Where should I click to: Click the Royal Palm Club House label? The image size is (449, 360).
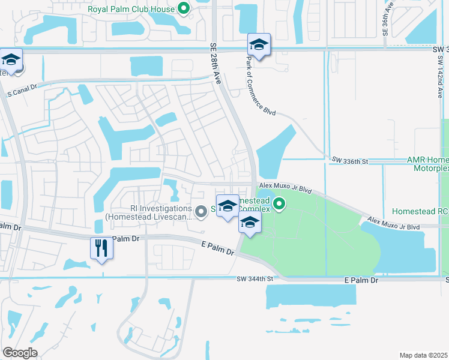pos(131,9)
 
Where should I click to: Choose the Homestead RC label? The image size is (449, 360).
pos(420,211)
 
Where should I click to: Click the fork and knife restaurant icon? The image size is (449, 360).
pos(101,248)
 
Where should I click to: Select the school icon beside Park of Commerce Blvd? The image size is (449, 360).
pos(259,44)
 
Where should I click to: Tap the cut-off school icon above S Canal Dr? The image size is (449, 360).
pos(10,60)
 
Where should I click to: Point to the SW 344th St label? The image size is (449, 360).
pos(255,279)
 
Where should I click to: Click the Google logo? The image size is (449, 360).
pos(20,352)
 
